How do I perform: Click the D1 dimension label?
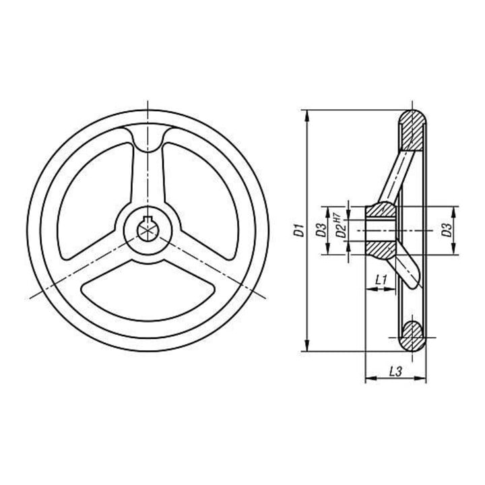click(299, 230)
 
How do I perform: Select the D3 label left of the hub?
click(322, 230)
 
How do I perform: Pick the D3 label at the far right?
click(447, 230)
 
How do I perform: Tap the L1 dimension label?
click(381, 280)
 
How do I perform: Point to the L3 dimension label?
click(395, 371)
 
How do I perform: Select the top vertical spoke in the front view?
click(148, 173)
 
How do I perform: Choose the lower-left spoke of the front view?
click(93, 256)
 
